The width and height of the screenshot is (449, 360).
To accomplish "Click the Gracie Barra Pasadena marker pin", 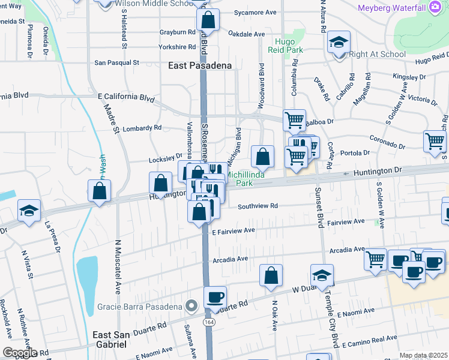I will [x=191, y=307].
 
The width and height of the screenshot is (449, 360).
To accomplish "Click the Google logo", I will [x=19, y=353].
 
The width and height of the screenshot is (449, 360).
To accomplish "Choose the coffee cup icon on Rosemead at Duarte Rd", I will [x=215, y=296].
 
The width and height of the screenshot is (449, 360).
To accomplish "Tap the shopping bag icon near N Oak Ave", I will [x=271, y=275].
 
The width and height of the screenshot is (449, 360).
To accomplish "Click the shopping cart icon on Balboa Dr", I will [x=294, y=120].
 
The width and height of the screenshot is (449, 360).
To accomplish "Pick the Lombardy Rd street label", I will [x=142, y=128].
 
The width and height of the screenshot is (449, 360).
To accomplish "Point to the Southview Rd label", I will [x=258, y=206].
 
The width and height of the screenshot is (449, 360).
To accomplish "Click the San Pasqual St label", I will [x=117, y=62].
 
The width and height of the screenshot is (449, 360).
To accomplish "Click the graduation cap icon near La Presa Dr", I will [x=29, y=211].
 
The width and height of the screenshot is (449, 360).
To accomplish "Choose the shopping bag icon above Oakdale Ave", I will [x=208, y=19].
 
